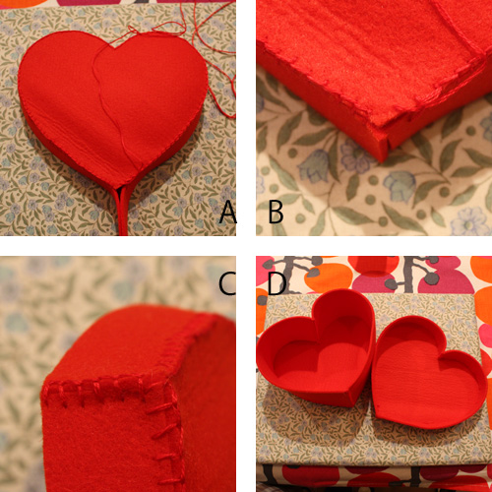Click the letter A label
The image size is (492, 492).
(x=228, y=212)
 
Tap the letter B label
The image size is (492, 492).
(x=276, y=212)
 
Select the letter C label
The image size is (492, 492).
(x=227, y=283)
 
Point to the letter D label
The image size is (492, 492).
(x=277, y=283)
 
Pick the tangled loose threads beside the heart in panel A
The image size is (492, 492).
(x=214, y=59)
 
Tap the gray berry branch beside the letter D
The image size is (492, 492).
(x=295, y=268)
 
